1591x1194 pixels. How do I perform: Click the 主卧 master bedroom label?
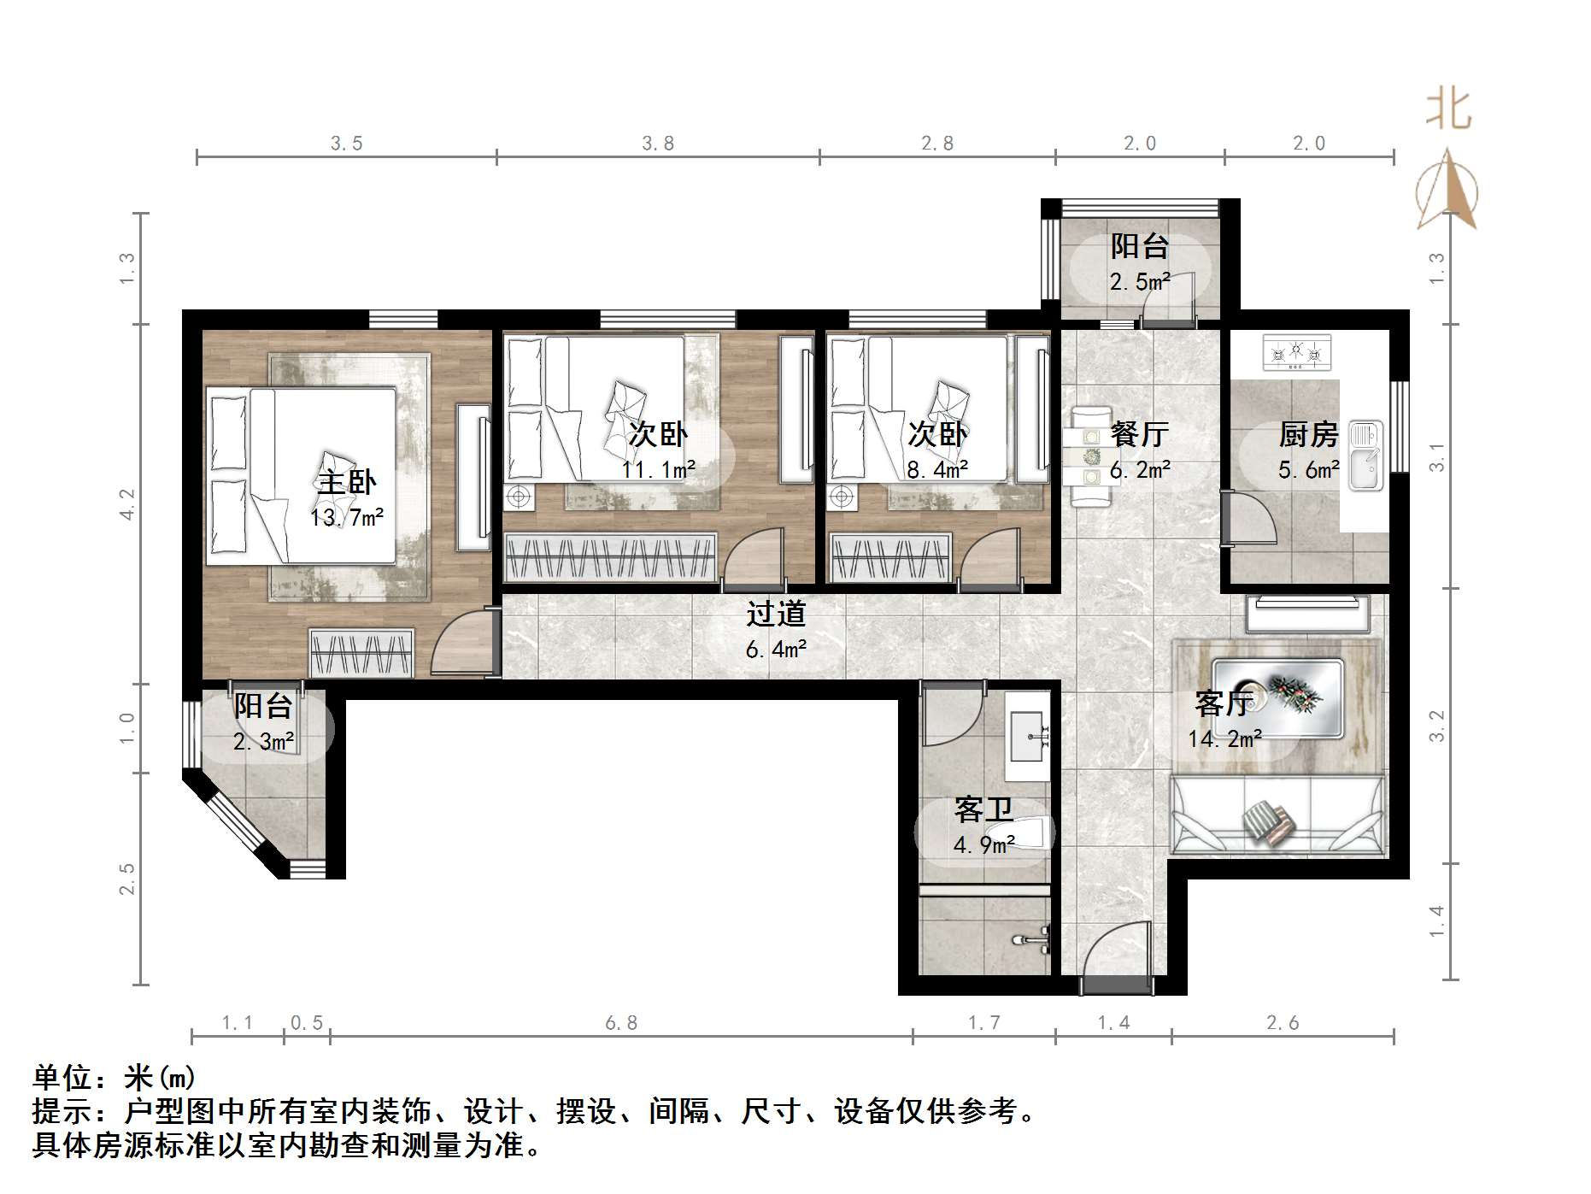346,483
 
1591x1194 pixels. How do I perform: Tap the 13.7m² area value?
347,517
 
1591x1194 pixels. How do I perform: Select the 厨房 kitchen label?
1308,435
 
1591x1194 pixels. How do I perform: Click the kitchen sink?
1365,456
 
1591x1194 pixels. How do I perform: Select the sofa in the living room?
1277,814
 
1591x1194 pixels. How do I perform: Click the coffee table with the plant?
1277,697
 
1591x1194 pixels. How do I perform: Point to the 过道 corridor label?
776,614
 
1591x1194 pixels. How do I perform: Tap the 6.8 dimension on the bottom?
621,1023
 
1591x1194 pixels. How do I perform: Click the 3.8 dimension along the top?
658,144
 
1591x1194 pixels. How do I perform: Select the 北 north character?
1448,109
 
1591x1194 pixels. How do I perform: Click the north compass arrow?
1447,190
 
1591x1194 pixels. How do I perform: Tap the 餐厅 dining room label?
1140,434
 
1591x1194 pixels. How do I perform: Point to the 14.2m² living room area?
1225,738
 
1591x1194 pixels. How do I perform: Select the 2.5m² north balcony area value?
1140,281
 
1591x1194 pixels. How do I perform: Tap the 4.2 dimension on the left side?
127,504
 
